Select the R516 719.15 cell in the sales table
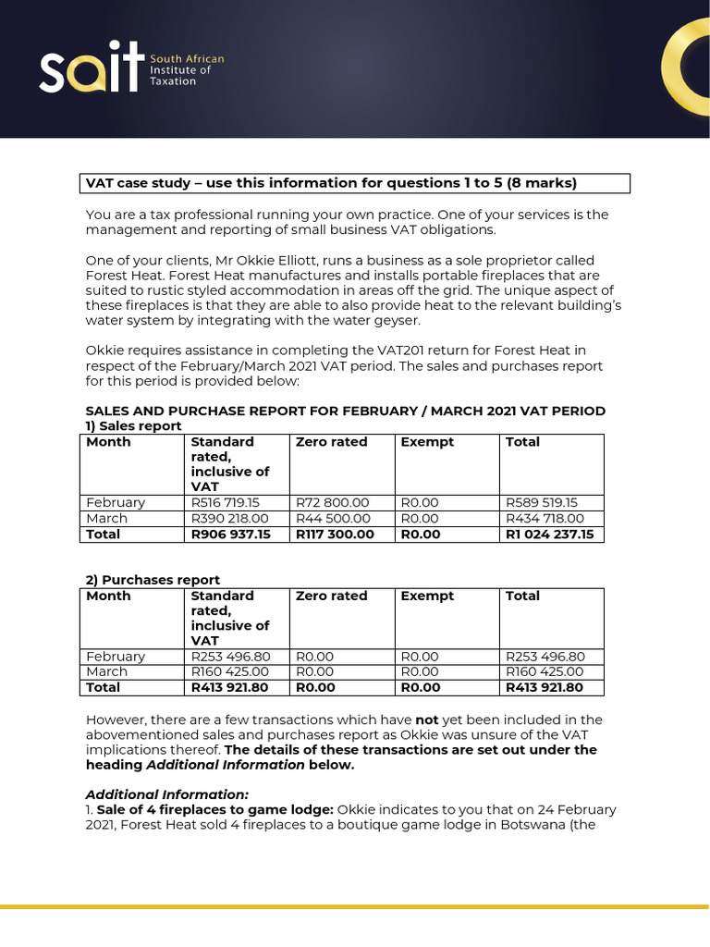tap(226, 502)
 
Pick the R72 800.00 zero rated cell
tap(333, 502)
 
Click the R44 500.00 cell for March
tap(333, 519)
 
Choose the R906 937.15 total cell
tap(231, 535)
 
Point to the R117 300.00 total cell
tap(336, 535)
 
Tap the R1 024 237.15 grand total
tap(550, 535)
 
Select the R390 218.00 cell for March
tap(229, 519)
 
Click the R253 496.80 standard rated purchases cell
tap(230, 657)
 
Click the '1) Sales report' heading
tap(134, 425)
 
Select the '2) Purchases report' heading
tap(153, 580)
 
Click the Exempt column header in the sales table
tap(427, 442)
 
